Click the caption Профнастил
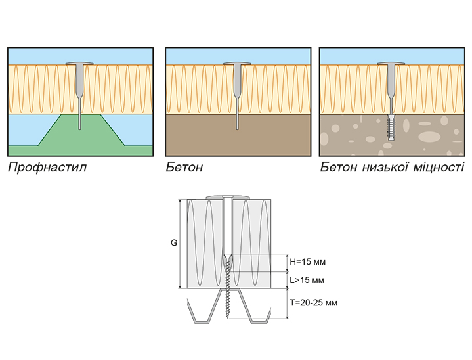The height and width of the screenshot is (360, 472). [x=47, y=167]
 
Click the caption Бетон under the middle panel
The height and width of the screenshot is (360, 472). [x=184, y=167]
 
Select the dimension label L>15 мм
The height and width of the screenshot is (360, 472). [x=308, y=281]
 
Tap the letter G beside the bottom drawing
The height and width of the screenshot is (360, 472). [x=174, y=243]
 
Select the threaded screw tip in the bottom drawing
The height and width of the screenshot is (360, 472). [x=230, y=309]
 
